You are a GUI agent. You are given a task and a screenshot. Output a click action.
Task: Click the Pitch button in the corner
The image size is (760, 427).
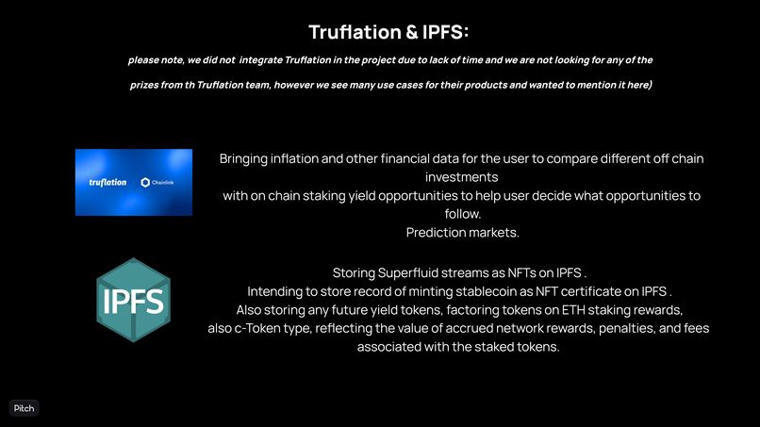pyautogui.click(x=24, y=408)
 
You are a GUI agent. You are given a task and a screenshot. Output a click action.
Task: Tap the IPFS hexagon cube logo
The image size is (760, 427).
pyautogui.click(x=133, y=300)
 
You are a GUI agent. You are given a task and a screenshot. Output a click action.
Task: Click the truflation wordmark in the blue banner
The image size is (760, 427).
pyautogui.click(x=107, y=182)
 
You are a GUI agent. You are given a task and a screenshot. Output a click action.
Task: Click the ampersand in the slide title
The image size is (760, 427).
pyautogui.click(x=411, y=32)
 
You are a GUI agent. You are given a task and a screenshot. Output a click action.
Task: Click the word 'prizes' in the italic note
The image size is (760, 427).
pyautogui.click(x=147, y=86)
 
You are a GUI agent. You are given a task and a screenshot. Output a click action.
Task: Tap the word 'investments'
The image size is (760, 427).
pyautogui.click(x=462, y=176)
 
